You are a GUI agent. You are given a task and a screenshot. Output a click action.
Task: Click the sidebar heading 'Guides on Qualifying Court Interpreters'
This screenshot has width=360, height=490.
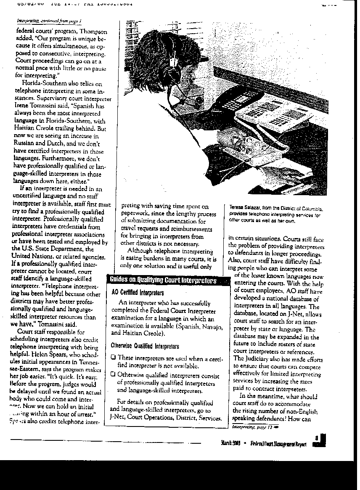click(x=163, y=281)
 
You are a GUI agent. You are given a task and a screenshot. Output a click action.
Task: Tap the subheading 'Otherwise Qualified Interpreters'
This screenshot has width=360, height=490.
click(x=139, y=346)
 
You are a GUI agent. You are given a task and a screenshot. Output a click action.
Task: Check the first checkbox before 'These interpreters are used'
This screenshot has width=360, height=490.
click(x=113, y=358)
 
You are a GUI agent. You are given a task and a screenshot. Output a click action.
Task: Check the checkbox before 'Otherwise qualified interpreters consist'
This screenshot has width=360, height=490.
click(x=113, y=374)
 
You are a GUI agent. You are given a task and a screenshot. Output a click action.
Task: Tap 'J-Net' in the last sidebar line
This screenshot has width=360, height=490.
click(x=117, y=418)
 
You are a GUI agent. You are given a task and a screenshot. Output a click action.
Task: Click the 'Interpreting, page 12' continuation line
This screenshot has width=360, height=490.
click(x=252, y=426)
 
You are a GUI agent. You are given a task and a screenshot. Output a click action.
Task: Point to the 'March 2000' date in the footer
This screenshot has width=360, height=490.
click(x=230, y=443)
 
